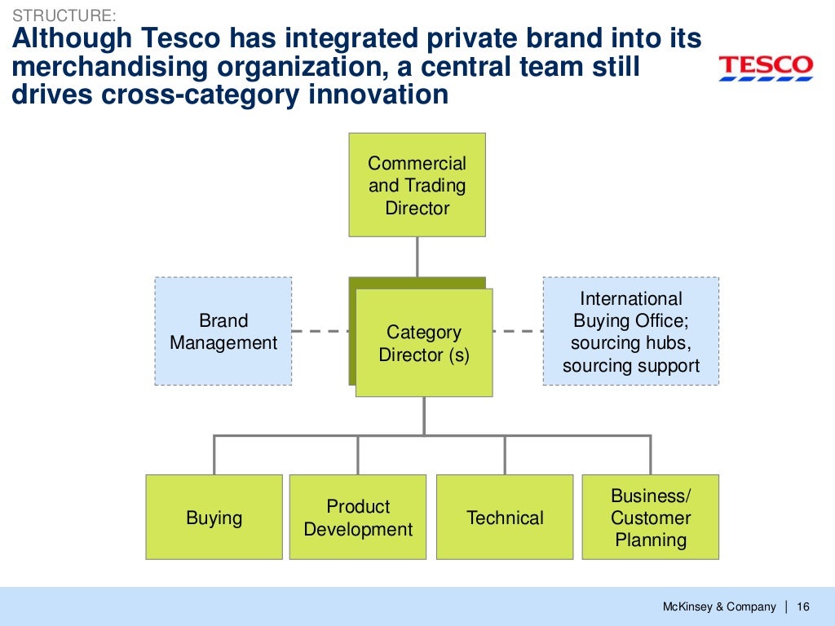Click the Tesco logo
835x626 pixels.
pos(765,68)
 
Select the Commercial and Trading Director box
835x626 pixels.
pos(417,185)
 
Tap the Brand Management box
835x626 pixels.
pos(223,331)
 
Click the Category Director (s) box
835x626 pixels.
pos(424,343)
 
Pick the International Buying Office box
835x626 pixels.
pos(630,331)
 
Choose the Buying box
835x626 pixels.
pos(214,518)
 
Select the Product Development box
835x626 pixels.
pos(358,518)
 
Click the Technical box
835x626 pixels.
pos(505,518)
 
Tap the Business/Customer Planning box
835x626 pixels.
pos(651,518)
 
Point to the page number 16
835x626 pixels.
pos(803,606)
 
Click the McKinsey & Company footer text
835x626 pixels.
pos(718,606)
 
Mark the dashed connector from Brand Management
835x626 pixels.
pos(320,331)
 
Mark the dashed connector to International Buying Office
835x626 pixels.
pos(518,331)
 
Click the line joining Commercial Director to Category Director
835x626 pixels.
pos(417,257)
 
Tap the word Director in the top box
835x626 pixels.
pos(417,208)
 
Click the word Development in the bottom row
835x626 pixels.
pos(358,529)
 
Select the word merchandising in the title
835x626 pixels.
pos(104,67)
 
